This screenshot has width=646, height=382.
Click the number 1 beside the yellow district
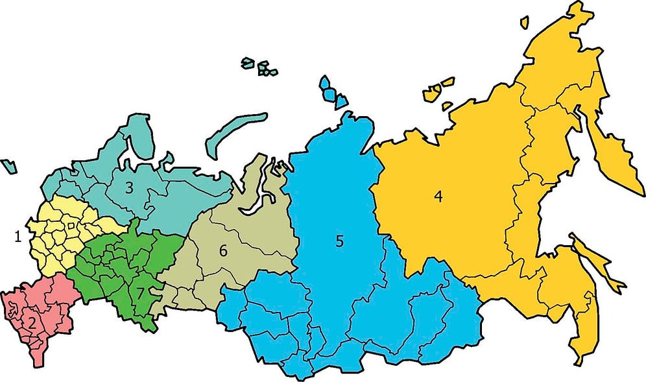coord(18,237)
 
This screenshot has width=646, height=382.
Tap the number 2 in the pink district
coord(31,321)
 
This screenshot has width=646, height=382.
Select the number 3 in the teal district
coord(129,188)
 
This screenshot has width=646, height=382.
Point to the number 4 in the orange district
coord(438,197)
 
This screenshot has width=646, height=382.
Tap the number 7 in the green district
coord(139,292)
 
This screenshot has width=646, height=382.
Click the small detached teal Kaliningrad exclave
coord(9,165)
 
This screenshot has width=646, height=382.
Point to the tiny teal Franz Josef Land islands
coord(259,66)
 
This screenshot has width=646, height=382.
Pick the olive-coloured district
coord(253,233)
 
